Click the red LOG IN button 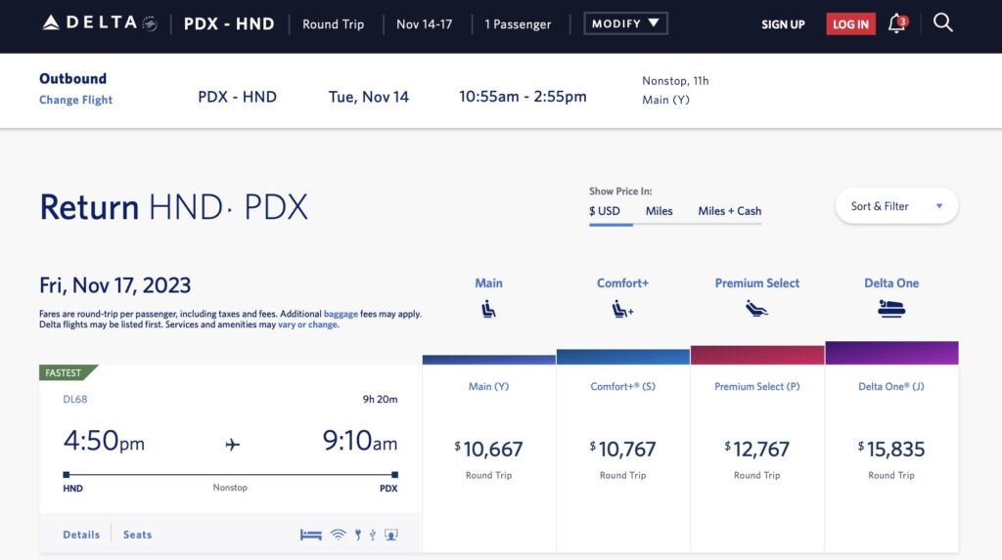pos(849,24)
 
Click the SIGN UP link pos(783,24)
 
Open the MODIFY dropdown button pos(625,23)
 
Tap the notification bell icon pos(896,23)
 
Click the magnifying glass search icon pos(942,22)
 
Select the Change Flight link pos(75,100)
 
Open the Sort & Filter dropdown pos(896,206)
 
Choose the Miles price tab pos(659,211)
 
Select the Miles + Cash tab pos(729,211)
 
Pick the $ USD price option pos(605,211)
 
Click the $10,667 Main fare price pos(489,450)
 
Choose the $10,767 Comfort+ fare pos(623,450)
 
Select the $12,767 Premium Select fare pos(757,450)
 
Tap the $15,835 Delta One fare pos(891,450)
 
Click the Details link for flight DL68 pos(81,535)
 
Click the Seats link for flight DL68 pos(137,535)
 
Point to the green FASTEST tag pos(67,372)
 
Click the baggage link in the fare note pos(342,315)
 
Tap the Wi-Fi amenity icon pos(338,535)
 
